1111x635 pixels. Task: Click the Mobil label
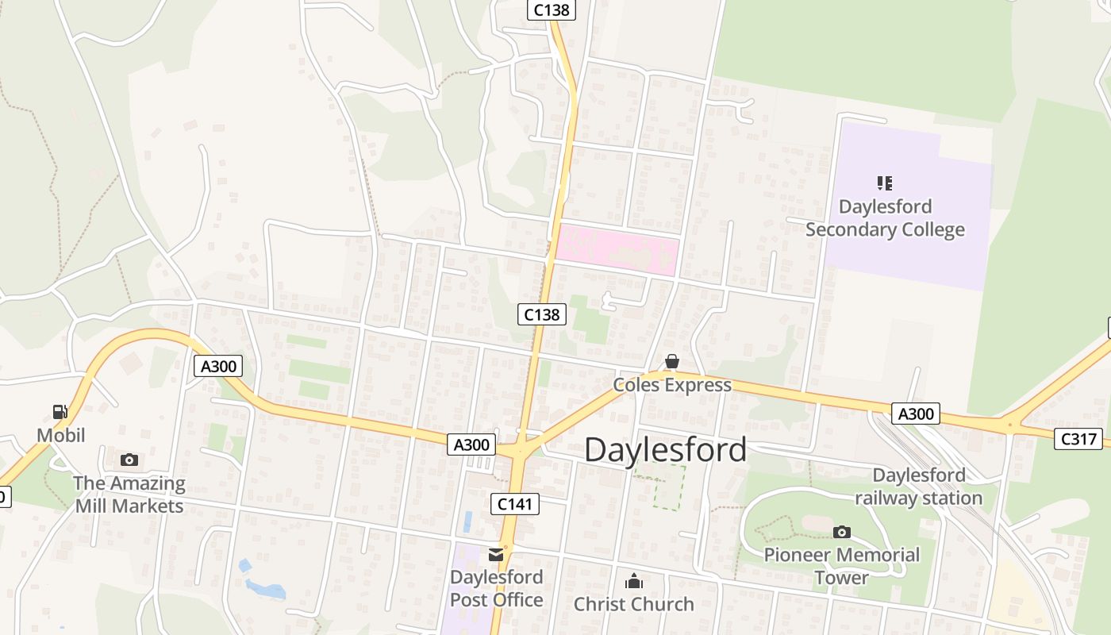click(61, 435)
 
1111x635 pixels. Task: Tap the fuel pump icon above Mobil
click(60, 411)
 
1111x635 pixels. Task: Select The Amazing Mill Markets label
click(129, 495)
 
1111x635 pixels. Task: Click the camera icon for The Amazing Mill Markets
click(129, 460)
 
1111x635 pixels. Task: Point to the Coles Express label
click(672, 385)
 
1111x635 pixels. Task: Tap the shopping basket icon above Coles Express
click(672, 362)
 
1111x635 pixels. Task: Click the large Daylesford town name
click(665, 450)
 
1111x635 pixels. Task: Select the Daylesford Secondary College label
click(885, 218)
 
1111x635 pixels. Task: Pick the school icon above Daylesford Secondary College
click(885, 183)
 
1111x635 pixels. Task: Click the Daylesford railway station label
click(918, 487)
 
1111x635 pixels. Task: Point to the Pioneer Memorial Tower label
click(841, 566)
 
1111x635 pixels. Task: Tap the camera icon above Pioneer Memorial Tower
click(842, 532)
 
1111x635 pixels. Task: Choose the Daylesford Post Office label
click(497, 588)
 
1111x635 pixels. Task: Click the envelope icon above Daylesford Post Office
click(497, 555)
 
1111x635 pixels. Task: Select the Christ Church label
click(633, 604)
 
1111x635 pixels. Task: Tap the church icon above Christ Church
click(633, 582)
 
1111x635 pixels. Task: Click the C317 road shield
click(1078, 438)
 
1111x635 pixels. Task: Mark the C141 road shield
click(515, 503)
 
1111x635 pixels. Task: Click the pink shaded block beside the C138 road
click(617, 251)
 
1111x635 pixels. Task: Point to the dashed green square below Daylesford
click(659, 487)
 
